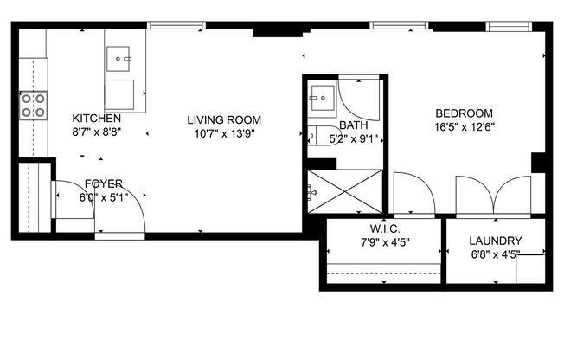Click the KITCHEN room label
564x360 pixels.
pos(96,119)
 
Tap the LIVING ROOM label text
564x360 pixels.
pos(224,120)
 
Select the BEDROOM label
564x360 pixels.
pos(464,113)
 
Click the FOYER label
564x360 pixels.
pos(103,183)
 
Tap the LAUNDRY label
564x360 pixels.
pos(495,241)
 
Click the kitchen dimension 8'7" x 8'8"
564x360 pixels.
pos(96,133)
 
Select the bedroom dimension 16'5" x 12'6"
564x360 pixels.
pos(464,127)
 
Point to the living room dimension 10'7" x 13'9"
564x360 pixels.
pos(224,134)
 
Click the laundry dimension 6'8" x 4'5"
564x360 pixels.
pos(495,255)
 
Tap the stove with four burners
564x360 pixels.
pos(35,105)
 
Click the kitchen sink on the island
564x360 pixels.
pos(119,59)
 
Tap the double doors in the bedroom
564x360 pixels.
pos(493,195)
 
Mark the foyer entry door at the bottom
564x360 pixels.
pos(119,221)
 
